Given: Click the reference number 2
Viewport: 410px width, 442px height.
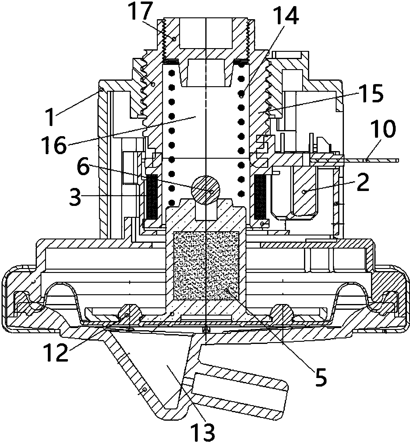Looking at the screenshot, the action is [363, 182].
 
